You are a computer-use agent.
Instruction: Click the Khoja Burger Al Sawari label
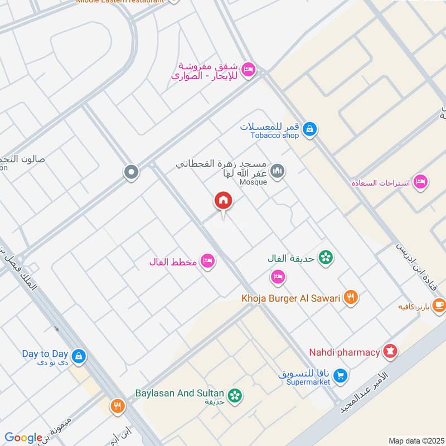pyautogui.click(x=290, y=298)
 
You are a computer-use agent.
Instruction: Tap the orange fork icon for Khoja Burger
pyautogui.click(x=351, y=298)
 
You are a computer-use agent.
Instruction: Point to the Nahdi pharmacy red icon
pyautogui.click(x=390, y=352)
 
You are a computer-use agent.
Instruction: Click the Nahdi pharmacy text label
pyautogui.click(x=345, y=352)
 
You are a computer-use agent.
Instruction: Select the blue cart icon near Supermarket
pyautogui.click(x=341, y=376)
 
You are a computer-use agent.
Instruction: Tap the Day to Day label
pyautogui.click(x=45, y=353)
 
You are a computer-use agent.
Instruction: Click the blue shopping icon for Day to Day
pyautogui.click(x=79, y=356)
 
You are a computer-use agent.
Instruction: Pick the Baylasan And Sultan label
pyautogui.click(x=179, y=392)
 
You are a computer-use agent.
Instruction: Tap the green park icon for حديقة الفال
pyautogui.click(x=325, y=258)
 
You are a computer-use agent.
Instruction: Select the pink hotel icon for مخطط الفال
pyautogui.click(x=208, y=260)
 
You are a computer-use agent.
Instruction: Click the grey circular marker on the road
pyautogui.click(x=131, y=172)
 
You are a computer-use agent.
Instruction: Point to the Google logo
pyautogui.click(x=23, y=438)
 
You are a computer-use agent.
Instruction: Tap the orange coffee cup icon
pyautogui.click(x=439, y=305)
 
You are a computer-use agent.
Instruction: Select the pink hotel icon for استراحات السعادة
pyautogui.click(x=421, y=182)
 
